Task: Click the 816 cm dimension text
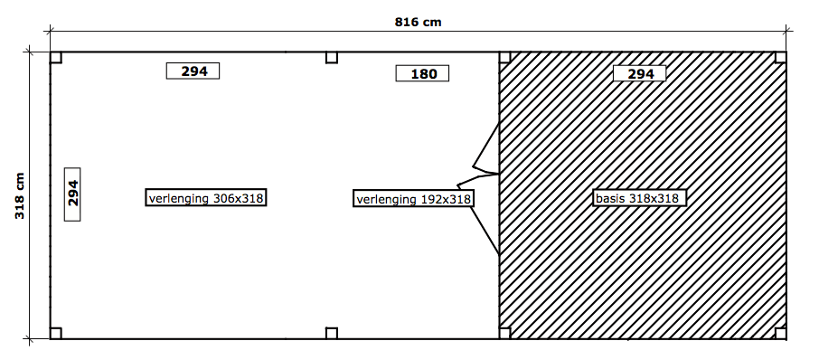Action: pos(418,22)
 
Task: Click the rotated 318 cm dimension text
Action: pos(20,196)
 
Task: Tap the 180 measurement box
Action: pos(422,73)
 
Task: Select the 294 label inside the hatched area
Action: pos(640,73)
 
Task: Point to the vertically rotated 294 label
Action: pos(72,194)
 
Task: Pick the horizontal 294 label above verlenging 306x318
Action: pos(193,71)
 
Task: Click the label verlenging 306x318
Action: pos(206,197)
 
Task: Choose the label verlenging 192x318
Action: pos(413,199)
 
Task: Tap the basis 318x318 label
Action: pos(639,198)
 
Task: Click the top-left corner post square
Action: pos(56,58)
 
